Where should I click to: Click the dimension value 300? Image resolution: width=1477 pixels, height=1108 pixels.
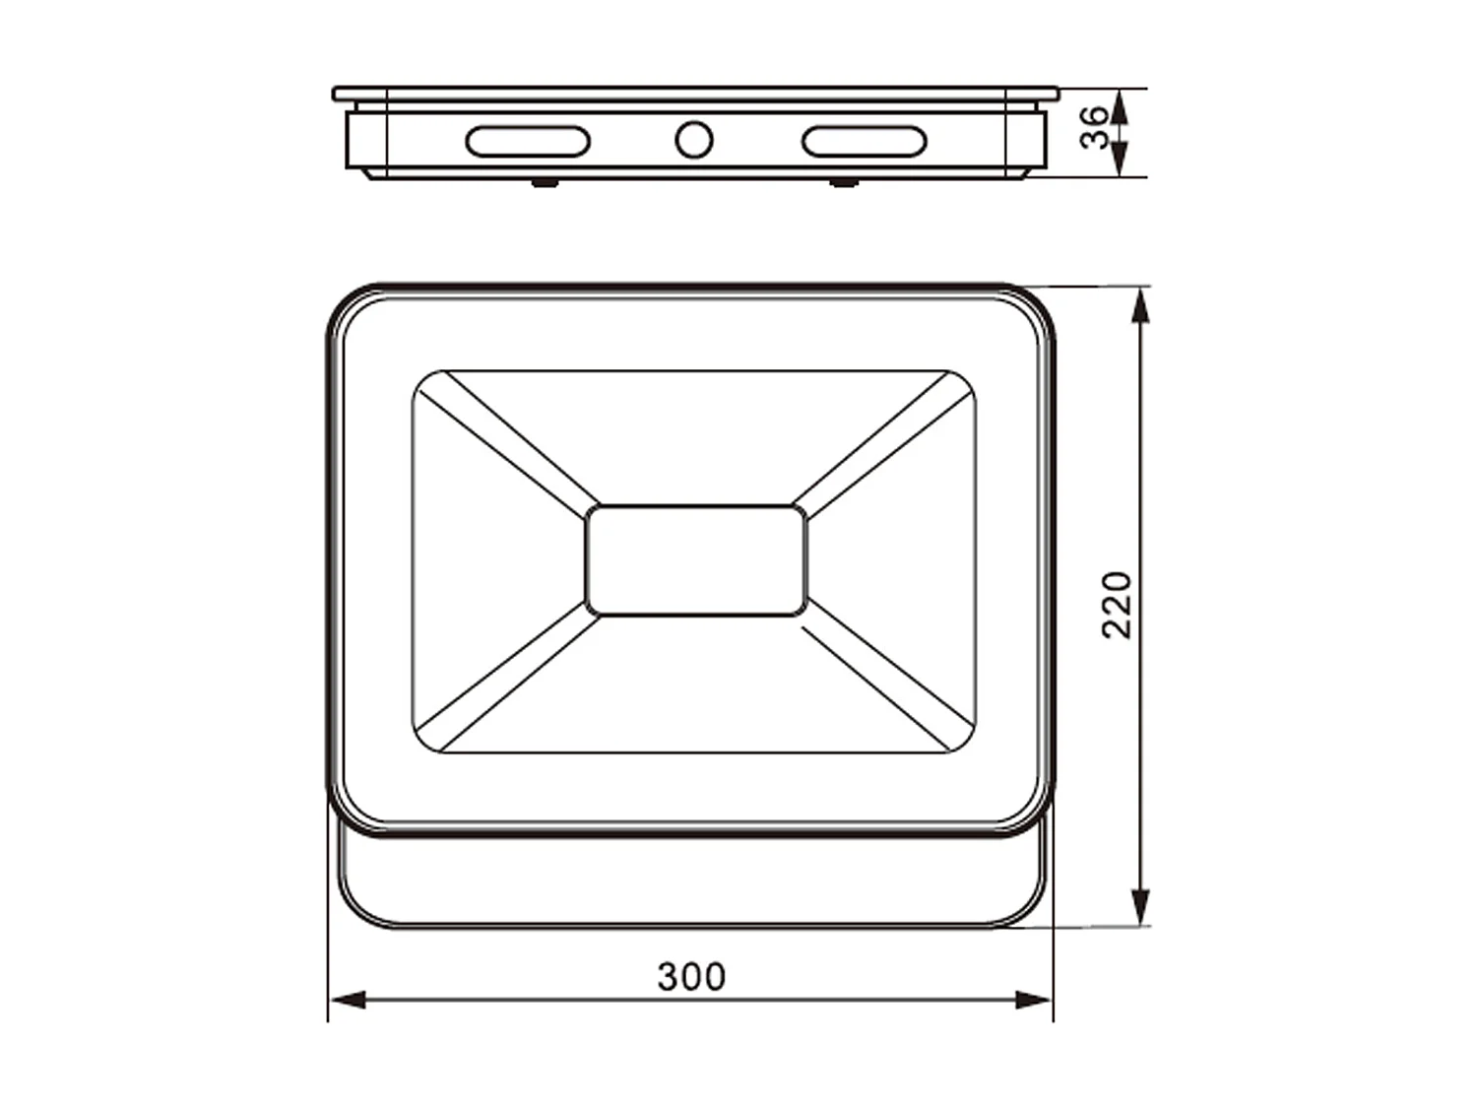[x=691, y=976]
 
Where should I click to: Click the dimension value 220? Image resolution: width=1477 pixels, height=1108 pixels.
[x=1117, y=605]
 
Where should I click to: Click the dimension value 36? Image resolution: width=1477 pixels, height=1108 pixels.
[x=1093, y=129]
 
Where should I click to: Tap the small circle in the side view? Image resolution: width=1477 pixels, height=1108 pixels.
[x=694, y=140]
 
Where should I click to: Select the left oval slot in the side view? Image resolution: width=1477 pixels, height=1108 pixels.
[x=528, y=141]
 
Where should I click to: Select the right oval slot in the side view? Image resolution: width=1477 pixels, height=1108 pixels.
[x=865, y=141]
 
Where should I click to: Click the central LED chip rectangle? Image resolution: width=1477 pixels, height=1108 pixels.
[x=695, y=560]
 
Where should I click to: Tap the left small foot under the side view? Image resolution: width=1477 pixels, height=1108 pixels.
[x=545, y=182]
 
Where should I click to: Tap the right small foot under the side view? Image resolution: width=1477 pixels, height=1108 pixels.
[x=843, y=182]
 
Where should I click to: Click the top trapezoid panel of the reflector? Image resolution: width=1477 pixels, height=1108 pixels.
[x=695, y=433]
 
